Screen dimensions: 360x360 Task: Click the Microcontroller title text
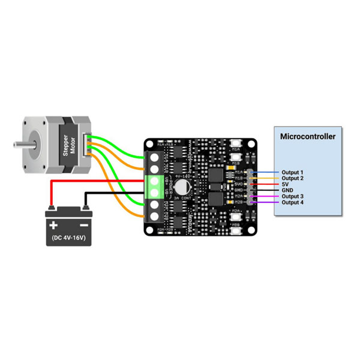point(308,136)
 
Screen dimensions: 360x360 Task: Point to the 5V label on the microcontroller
point(286,184)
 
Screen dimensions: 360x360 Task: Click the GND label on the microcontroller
point(287,190)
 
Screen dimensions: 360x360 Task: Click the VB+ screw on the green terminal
point(154,181)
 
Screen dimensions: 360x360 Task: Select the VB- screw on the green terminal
point(154,193)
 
